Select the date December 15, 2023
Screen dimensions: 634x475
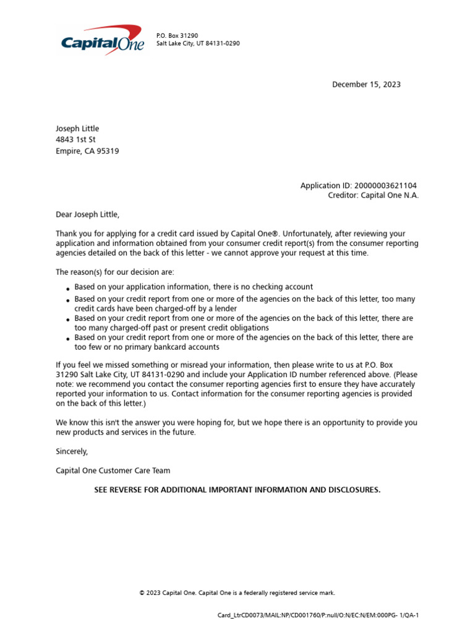coord(366,84)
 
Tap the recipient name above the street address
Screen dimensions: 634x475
coord(77,128)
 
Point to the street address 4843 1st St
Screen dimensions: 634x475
coord(75,139)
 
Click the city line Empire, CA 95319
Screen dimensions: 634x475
coord(87,150)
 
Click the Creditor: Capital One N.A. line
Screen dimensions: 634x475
coord(373,195)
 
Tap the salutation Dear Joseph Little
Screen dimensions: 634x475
coord(87,214)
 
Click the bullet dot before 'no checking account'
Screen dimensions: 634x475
coord(67,289)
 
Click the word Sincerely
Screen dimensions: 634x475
coord(72,451)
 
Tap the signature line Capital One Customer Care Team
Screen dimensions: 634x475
coord(113,471)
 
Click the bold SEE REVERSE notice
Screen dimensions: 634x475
coord(237,490)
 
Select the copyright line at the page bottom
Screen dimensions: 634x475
coord(237,593)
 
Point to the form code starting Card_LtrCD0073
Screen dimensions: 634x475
coord(318,615)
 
